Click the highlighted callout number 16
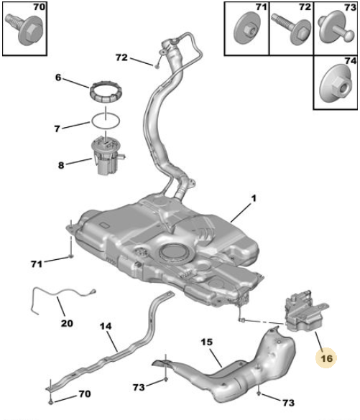326,358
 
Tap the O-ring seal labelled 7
106,121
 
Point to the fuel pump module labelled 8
107,156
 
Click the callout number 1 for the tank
254,198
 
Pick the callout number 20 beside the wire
67,323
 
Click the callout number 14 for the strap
106,326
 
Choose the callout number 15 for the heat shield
207,342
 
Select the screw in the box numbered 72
292,29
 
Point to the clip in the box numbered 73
336,27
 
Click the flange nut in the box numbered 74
336,85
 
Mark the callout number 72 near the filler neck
121,57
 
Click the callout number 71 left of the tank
37,264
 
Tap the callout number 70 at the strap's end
85,393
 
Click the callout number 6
58,78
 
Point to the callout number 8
61,165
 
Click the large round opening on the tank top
177,253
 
